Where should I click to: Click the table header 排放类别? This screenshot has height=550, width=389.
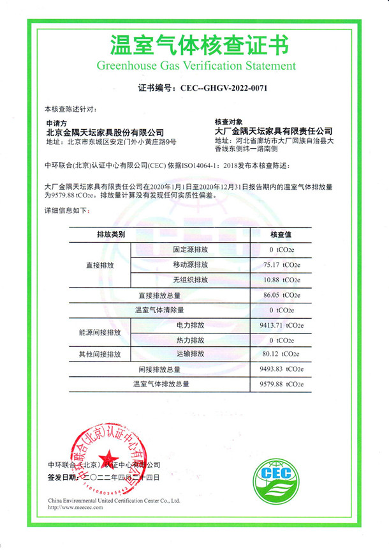pyautogui.click(x=110, y=234)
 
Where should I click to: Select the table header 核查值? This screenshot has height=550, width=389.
pyautogui.click(x=281, y=234)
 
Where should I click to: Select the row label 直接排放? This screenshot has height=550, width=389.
pyautogui.click(x=99, y=264)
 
